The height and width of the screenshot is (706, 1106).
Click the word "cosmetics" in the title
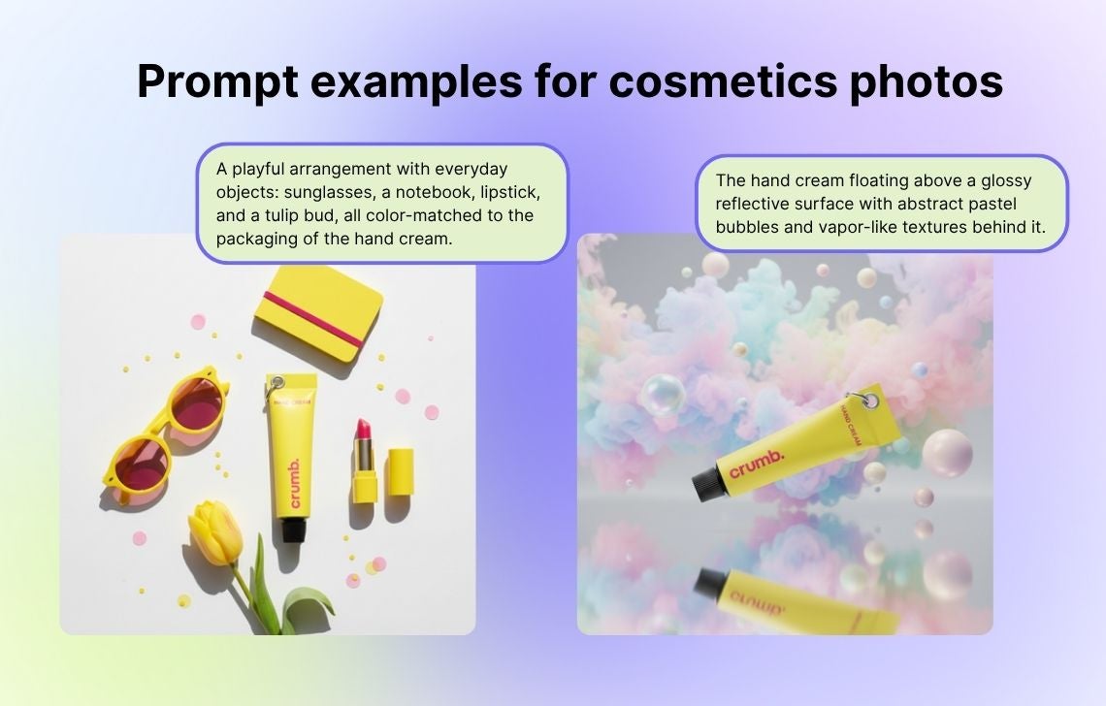coord(722,81)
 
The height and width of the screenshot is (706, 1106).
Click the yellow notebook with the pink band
coord(318,312)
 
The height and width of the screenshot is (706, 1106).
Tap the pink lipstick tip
coord(363,428)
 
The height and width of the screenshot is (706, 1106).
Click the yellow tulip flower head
coord(215,532)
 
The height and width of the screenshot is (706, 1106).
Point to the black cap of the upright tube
coord(293,529)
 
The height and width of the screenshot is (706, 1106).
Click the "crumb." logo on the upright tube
coord(294,483)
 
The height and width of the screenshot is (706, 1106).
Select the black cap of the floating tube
coord(706,484)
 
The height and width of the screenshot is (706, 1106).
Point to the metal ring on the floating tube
coord(869,400)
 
